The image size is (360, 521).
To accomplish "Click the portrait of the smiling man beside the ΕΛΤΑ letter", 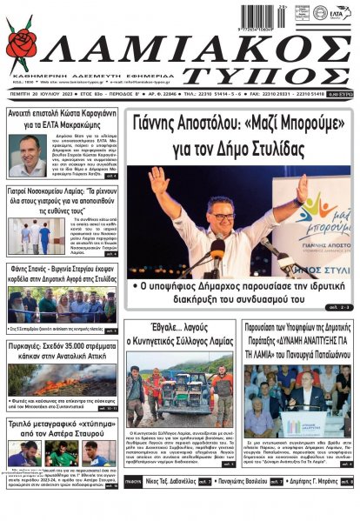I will [x=29, y=156].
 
